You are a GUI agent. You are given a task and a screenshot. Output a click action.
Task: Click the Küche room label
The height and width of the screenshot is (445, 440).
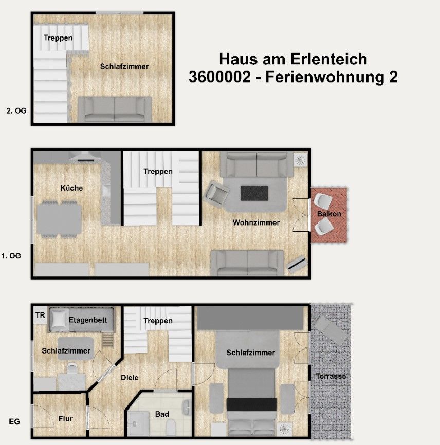tap(71, 188)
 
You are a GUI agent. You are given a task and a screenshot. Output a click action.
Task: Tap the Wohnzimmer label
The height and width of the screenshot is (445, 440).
tap(256, 222)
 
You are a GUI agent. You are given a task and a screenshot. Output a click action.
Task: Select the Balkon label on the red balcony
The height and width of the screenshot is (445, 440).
tap(329, 214)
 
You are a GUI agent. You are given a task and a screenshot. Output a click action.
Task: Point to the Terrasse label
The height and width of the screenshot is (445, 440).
tap(331, 376)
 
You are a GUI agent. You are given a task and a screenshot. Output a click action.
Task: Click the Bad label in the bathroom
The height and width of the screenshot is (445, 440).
tap(162, 414)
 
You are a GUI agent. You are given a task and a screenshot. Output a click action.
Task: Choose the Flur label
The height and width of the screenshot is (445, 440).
tap(66, 419)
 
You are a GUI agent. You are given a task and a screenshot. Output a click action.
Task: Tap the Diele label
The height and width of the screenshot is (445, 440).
tap(130, 378)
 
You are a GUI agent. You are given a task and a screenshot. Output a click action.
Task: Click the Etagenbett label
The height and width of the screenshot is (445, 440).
tap(88, 320)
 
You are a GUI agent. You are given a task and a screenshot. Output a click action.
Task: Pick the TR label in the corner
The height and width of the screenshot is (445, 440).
tap(40, 315)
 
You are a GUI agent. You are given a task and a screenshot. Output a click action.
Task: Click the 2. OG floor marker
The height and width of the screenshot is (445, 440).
tap(16, 110)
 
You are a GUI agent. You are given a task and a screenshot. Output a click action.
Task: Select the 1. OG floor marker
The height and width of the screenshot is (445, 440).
tap(11, 256)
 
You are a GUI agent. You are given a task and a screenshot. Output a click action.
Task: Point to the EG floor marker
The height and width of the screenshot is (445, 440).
tap(14, 422)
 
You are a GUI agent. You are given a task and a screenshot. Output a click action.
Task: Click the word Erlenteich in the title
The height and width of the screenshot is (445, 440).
tap(328, 59)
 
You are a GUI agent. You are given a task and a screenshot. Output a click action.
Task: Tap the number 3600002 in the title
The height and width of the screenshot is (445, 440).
tap(219, 77)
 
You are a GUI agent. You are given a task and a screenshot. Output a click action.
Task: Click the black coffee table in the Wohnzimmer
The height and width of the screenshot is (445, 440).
tap(254, 193)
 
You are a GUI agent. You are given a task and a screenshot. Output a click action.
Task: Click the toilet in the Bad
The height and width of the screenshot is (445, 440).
tap(171, 428)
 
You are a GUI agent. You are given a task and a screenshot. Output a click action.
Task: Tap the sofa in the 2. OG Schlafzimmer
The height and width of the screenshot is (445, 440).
tap(115, 109)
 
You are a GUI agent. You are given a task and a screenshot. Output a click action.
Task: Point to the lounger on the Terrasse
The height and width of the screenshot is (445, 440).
tap(330, 330)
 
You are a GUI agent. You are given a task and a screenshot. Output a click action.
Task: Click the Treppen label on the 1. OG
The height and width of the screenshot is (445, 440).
tap(158, 172)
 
